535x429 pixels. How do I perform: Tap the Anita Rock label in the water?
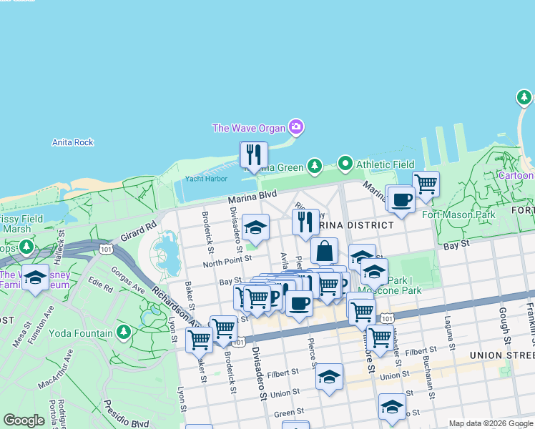[73, 142]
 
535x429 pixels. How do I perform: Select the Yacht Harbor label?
[206, 179]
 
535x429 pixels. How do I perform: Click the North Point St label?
[227, 262]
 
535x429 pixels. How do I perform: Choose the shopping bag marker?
[324, 251]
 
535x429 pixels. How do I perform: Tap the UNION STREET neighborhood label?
[501, 355]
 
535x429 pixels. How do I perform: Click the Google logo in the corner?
[24, 420]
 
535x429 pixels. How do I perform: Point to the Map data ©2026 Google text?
[491, 423]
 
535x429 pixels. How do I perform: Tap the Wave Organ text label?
[248, 129]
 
